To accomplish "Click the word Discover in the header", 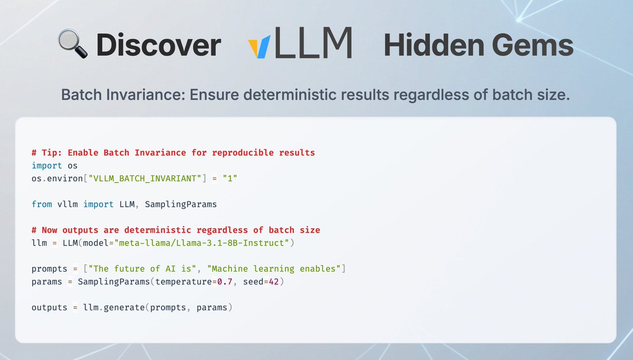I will click(x=158, y=46).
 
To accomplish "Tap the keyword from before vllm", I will click(x=42, y=204).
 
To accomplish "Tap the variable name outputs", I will click(x=50, y=307).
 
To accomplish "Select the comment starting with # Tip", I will click(x=173, y=153).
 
